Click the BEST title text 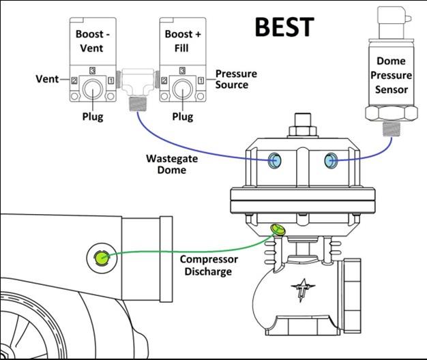284,27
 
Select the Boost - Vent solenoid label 92,40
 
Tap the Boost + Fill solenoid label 181,40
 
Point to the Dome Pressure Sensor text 391,76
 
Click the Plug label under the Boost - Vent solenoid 92,117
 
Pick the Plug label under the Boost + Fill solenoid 183,117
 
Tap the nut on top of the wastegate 301,128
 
